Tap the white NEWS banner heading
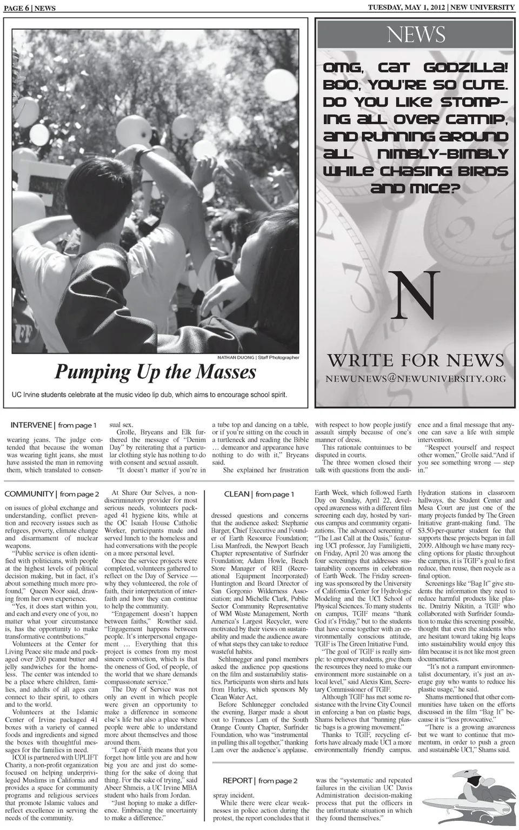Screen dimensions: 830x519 [416, 35]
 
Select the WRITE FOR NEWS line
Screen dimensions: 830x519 [415, 360]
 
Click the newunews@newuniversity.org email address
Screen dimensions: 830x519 [415, 378]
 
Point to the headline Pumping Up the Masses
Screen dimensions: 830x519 [155, 372]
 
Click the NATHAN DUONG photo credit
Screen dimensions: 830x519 [236, 357]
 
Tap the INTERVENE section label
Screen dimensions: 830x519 [30, 425]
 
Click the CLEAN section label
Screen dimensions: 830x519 [237, 494]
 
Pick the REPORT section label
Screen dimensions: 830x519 [238, 780]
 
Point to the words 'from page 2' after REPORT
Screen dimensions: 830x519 [278, 781]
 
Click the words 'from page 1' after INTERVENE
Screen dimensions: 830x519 [77, 425]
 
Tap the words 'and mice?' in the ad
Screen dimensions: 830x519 [415, 189]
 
